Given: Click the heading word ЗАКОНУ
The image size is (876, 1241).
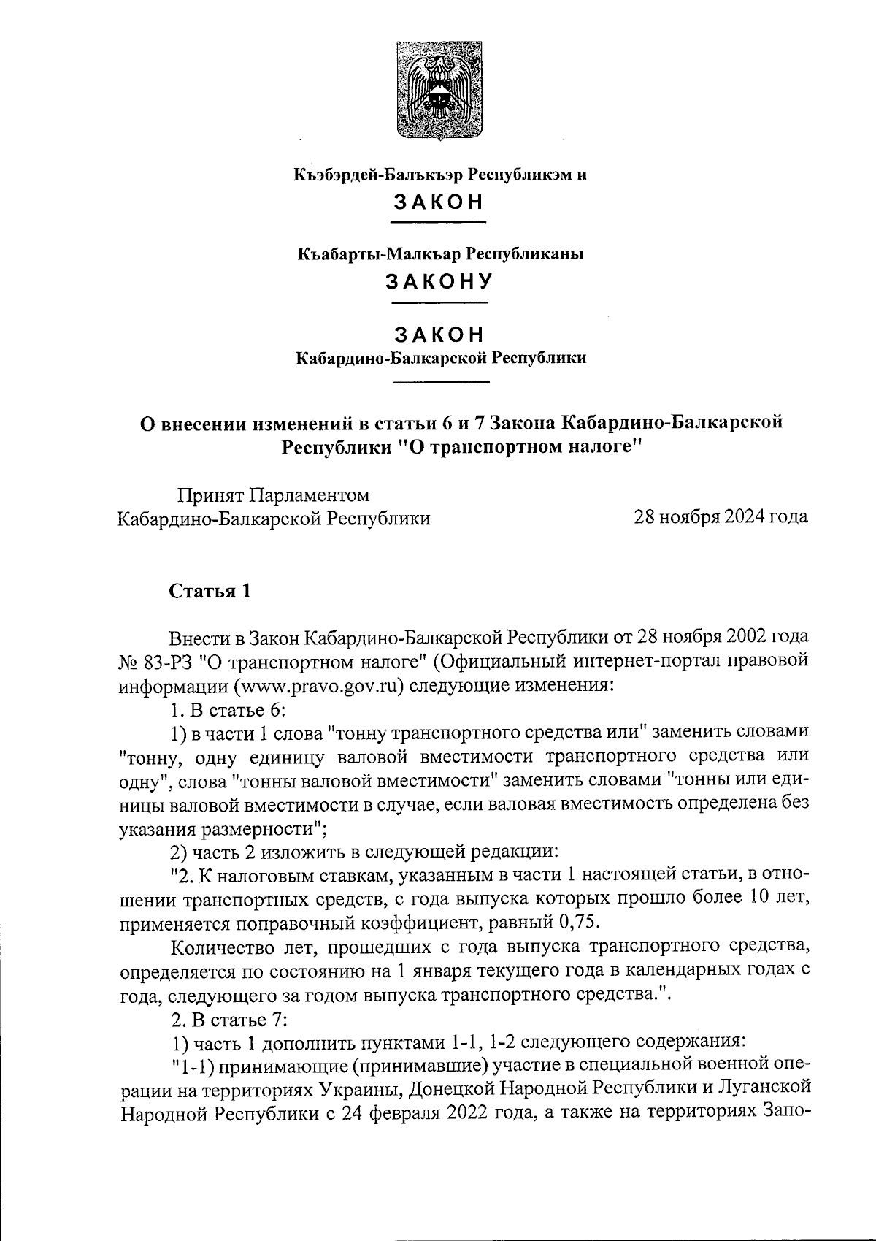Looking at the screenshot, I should click(439, 281).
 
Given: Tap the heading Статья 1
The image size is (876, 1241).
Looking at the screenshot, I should click(210, 591).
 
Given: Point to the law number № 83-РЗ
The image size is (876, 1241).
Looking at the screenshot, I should click(155, 662).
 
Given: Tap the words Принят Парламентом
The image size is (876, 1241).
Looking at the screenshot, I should click(274, 495).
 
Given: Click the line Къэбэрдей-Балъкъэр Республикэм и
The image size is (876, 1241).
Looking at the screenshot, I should click(439, 175).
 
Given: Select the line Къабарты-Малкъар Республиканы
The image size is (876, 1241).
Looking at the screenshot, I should click(439, 254).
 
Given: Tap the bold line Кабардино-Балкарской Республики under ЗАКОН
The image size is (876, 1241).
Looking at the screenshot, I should click(441, 359).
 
